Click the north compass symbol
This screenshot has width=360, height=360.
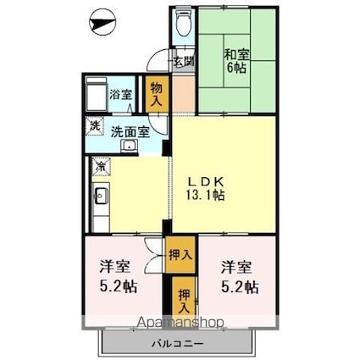[x=102, y=23]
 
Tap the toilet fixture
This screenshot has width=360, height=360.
[x=184, y=23]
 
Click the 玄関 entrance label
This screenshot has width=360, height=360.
[x=183, y=61]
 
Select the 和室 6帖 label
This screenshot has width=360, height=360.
[x=236, y=61]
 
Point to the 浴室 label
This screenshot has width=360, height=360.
[x=120, y=95]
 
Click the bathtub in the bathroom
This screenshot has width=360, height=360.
[x=97, y=94]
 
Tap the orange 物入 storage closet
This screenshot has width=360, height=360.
[x=157, y=94]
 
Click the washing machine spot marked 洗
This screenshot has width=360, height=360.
[x=95, y=125]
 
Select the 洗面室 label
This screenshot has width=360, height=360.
[x=130, y=131]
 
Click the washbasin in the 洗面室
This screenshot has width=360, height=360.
[x=130, y=146]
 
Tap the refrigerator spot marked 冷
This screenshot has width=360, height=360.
[x=101, y=166]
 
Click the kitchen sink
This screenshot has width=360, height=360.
[x=101, y=196]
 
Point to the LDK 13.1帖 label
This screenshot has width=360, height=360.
[x=206, y=188]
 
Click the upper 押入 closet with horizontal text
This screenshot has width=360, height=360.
[x=180, y=255]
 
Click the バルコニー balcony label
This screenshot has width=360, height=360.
[x=178, y=344]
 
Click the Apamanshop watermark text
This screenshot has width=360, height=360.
[x=180, y=323]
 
